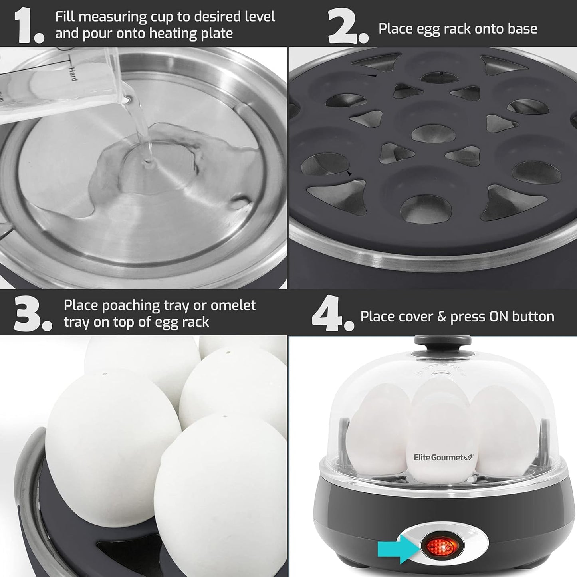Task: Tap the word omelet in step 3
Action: [233, 305]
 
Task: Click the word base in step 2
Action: [522, 29]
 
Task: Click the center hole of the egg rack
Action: [428, 132]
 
